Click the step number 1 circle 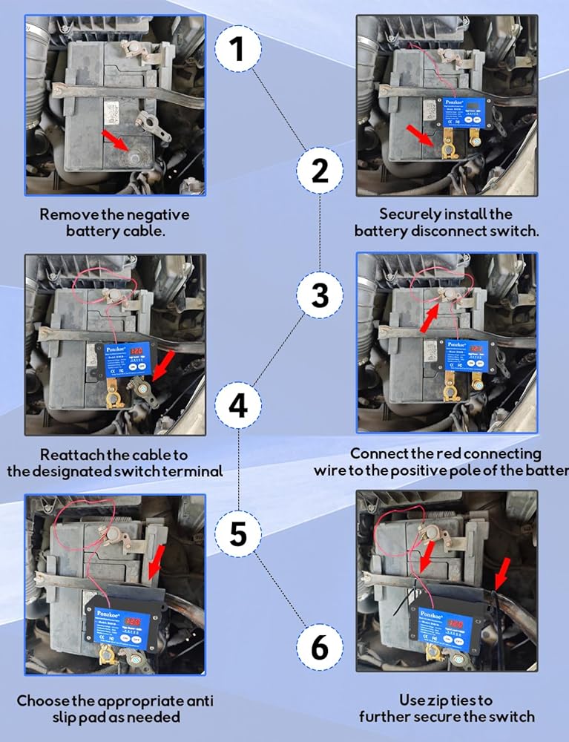238,50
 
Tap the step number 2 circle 320,172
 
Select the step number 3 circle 320,296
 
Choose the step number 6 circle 320,647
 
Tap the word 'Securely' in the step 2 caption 410,214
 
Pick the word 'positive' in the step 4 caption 452,470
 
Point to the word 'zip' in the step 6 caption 438,700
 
